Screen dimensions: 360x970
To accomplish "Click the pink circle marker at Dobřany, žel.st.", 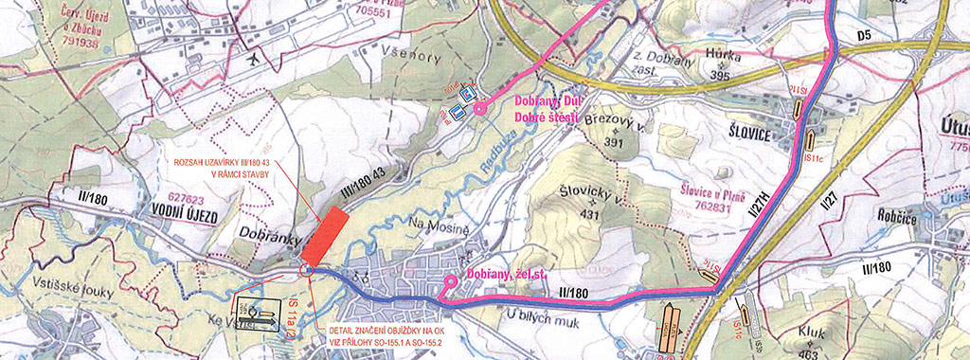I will click(x=450, y=281).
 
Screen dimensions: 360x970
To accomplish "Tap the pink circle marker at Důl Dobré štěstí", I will click(x=479, y=109).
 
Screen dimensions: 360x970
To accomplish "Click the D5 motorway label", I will click(x=864, y=37).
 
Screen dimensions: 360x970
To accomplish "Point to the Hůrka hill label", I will click(x=722, y=56).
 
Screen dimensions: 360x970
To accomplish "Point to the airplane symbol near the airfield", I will click(x=255, y=59).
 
